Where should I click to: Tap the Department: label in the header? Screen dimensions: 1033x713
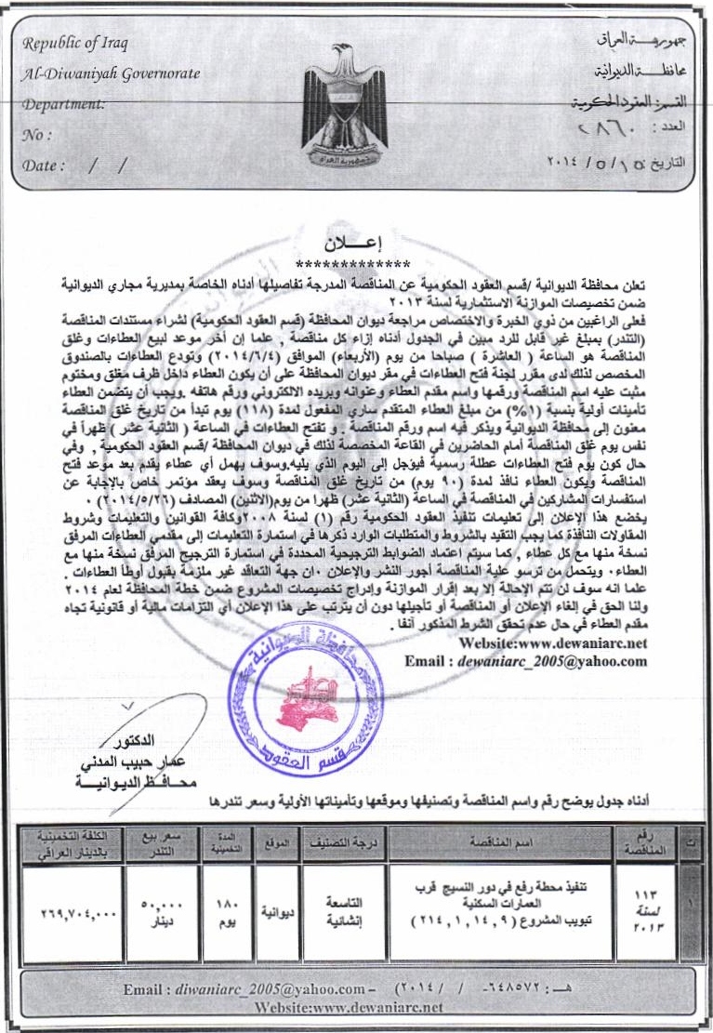point(64,104)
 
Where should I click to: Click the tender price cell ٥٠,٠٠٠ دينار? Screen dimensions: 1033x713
point(163,912)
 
